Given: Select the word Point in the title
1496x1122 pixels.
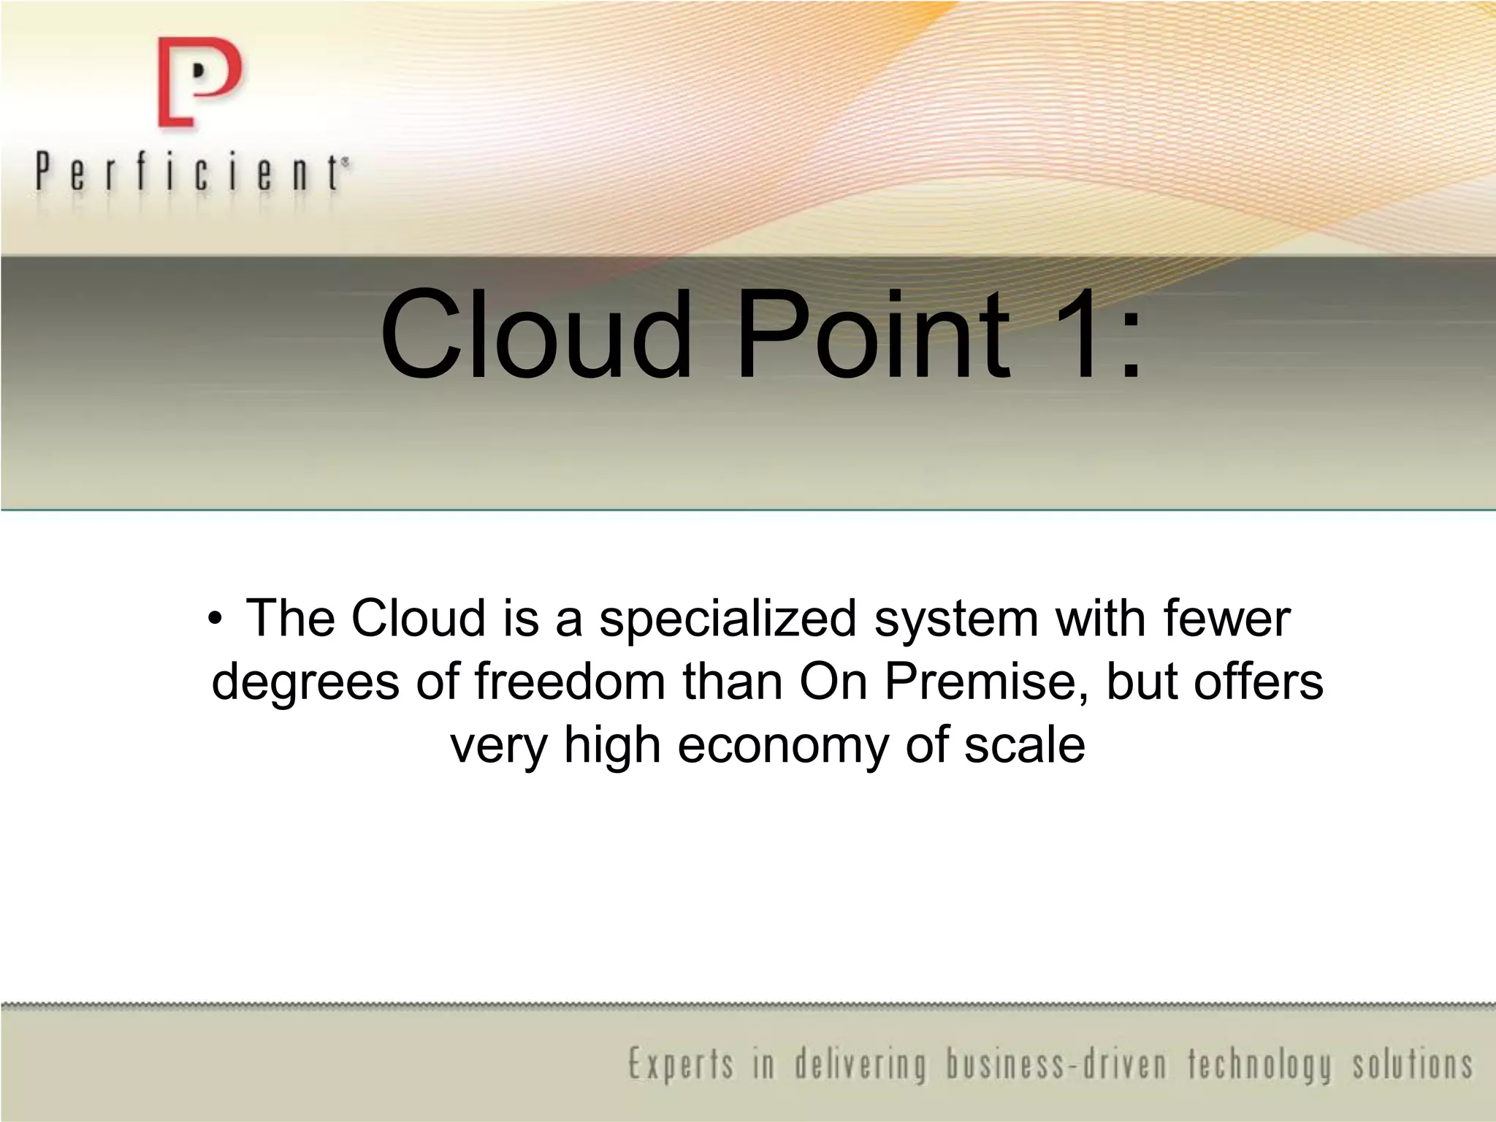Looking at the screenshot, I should [874, 335].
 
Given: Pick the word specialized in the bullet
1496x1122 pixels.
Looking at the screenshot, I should [728, 619].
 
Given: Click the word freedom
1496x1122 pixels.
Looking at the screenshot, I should [570, 681].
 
